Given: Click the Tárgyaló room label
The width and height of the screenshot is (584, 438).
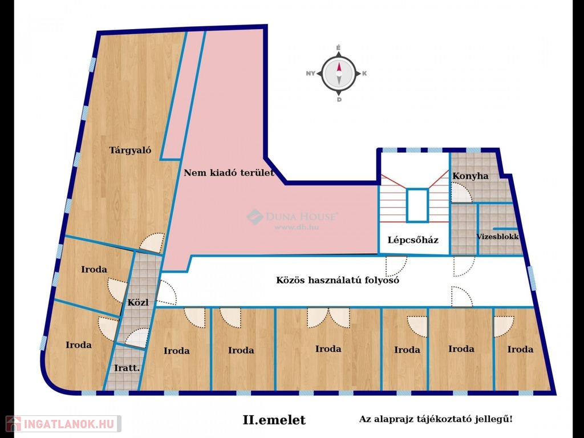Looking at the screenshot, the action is coord(130,151).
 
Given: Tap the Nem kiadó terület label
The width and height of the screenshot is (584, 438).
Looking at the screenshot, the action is coord(229,173).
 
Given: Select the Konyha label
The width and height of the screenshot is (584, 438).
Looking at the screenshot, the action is coord(471,176).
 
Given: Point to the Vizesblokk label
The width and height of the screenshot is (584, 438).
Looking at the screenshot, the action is coord(497,237).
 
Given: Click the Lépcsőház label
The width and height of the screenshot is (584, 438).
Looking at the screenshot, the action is coord(413,240).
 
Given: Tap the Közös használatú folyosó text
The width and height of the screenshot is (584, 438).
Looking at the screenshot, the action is coord(338,280).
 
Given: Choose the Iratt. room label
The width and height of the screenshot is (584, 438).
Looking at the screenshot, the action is coord(127,368).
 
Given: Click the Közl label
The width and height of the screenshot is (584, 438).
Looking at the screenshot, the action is coord(138,302).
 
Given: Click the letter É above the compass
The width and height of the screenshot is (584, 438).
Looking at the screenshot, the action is coord(339,48).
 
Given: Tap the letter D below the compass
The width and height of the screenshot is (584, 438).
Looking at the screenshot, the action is coord(339,100).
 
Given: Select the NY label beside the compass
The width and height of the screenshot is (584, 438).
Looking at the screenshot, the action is coord(311,74).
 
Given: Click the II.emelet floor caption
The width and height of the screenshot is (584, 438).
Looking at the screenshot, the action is coord(274,420).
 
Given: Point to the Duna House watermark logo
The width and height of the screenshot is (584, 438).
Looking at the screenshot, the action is coord(255,216).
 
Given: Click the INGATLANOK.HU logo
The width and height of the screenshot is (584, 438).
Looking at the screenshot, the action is coord(63,424).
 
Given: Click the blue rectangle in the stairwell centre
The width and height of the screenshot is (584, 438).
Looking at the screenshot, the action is coord(417,205).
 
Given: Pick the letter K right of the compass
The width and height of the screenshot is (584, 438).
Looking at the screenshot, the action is coord(364,74).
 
